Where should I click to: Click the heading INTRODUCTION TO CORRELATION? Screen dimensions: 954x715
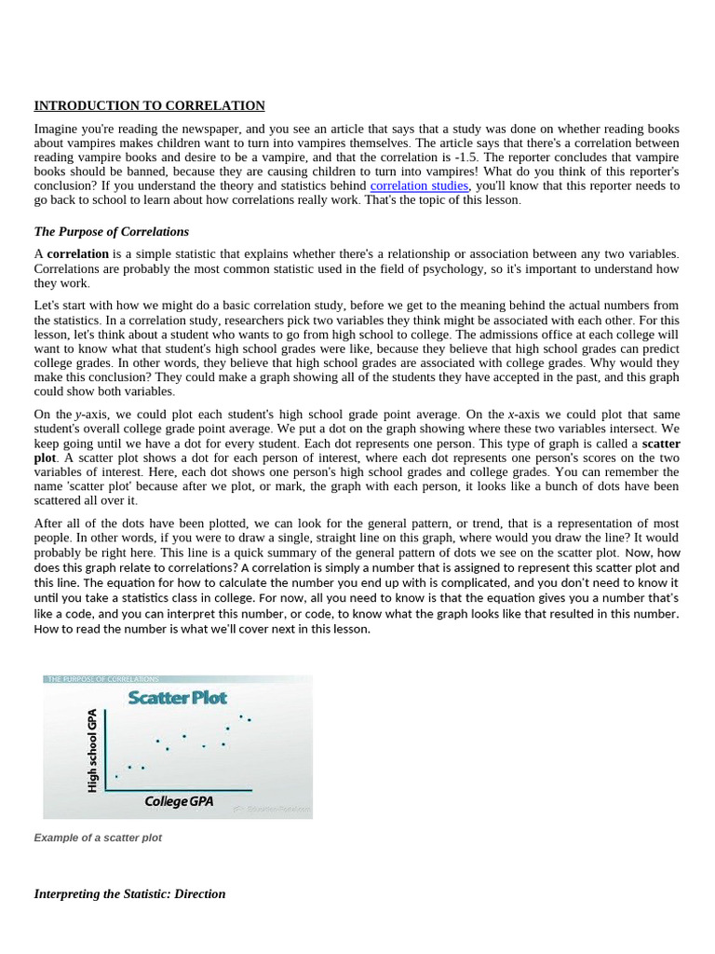[149, 106]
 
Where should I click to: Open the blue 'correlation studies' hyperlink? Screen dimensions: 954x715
[419, 185]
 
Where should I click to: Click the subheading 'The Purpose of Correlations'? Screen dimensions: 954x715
[111, 232]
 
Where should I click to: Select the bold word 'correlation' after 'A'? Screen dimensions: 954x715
[78, 254]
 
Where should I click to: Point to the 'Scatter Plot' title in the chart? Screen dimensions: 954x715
[177, 697]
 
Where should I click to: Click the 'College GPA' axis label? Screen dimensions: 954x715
[179, 801]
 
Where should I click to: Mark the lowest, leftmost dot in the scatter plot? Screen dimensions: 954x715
[116, 776]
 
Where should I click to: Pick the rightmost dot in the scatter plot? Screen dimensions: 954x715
[250, 720]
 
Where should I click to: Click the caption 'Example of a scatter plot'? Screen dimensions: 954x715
[98, 838]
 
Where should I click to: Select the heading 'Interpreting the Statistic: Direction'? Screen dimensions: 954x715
[129, 893]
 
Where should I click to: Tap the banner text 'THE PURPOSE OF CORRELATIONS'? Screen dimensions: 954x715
[103, 679]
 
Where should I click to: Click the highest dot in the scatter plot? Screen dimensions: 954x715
[241, 716]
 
